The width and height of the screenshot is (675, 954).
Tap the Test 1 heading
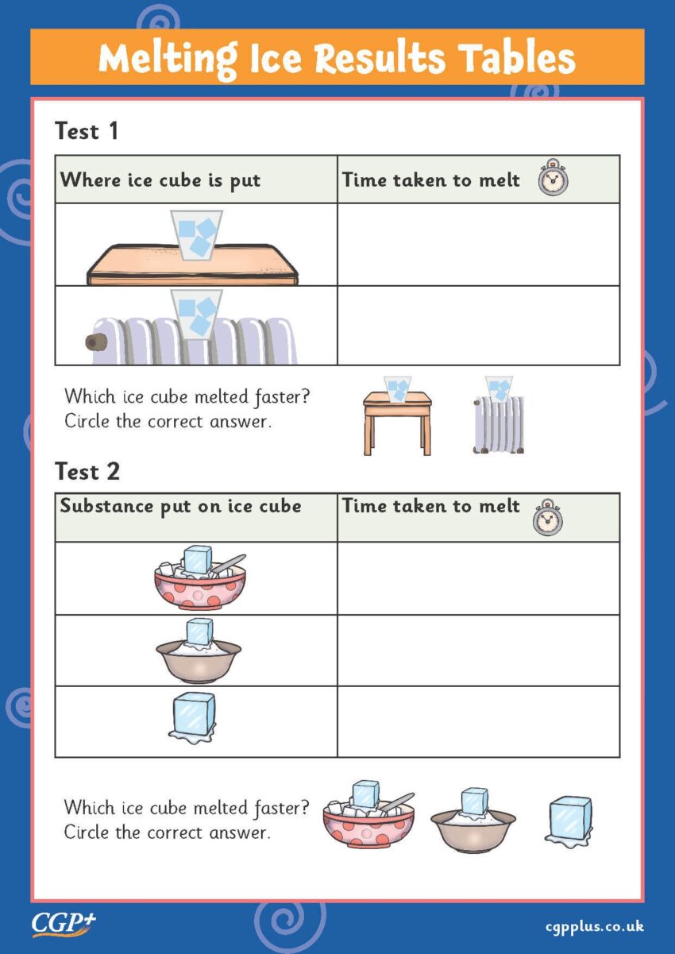tap(87, 131)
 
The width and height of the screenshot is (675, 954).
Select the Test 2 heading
tap(87, 471)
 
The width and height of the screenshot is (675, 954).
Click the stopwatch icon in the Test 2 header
tap(547, 518)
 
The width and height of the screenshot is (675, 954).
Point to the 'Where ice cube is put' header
tap(160, 180)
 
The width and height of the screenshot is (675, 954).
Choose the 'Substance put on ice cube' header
tap(180, 507)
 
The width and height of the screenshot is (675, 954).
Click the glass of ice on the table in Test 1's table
tap(196, 234)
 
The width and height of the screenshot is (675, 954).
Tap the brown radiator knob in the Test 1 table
tap(97, 341)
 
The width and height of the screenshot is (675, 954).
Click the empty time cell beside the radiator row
tap(478, 326)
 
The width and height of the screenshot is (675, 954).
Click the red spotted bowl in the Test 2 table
tap(199, 578)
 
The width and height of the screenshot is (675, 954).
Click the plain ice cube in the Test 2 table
tap(193, 716)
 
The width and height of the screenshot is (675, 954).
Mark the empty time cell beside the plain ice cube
tap(478, 721)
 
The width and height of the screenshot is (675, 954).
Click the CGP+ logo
tap(64, 923)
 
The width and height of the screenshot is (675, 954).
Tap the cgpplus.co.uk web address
tap(594, 926)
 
